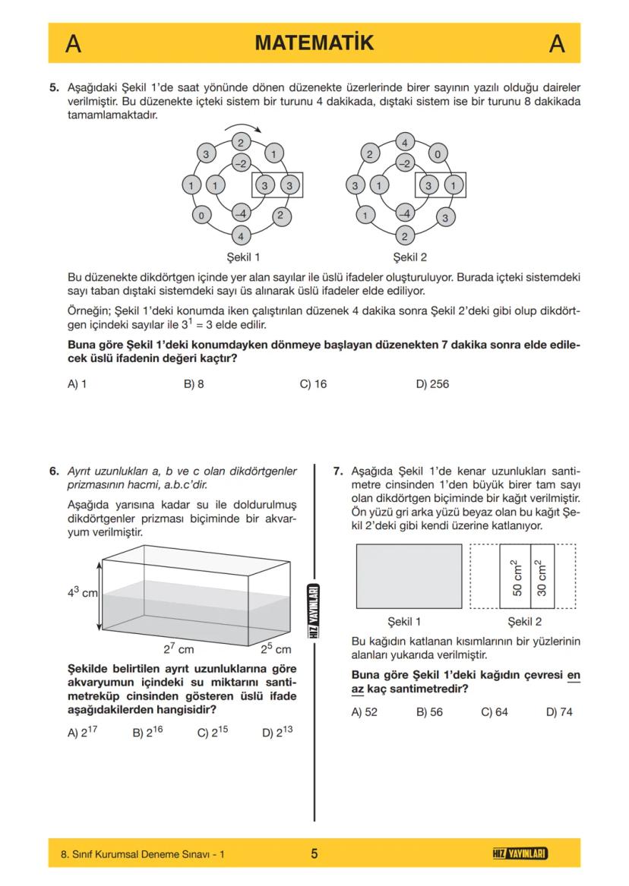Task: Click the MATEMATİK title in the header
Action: pyautogui.click(x=314, y=43)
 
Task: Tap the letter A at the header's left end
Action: pyautogui.click(x=73, y=44)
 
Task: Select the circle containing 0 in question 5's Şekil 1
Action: pyautogui.click(x=201, y=216)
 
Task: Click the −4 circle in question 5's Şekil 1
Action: pyautogui.click(x=241, y=213)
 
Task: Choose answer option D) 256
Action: pyautogui.click(x=432, y=384)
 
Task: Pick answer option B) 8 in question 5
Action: pyautogui.click(x=194, y=384)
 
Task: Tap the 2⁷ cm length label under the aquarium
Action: pyautogui.click(x=179, y=648)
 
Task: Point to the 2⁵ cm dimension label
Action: pyautogui.click(x=276, y=648)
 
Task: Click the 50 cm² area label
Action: pyautogui.click(x=514, y=577)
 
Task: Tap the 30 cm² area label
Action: pyautogui.click(x=542, y=577)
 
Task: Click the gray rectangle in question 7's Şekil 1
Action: pyautogui.click(x=409, y=576)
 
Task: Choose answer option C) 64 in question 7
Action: pyautogui.click(x=495, y=712)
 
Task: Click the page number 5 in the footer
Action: pyautogui.click(x=314, y=854)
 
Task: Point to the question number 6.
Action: pyautogui.click(x=54, y=471)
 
